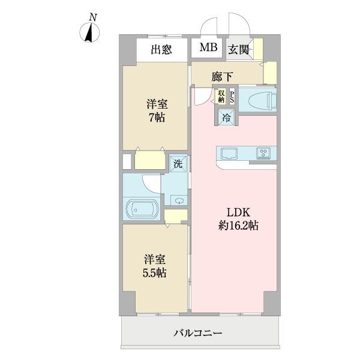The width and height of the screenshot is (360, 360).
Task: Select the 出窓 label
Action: [161, 50]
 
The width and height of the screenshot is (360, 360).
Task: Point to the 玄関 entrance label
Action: [238, 50]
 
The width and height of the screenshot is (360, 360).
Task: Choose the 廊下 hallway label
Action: [223, 77]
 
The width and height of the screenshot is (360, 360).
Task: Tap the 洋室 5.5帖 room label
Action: [154, 266]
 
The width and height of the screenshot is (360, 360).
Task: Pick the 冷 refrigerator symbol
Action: [227, 117]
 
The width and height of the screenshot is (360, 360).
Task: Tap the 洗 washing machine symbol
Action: [178, 163]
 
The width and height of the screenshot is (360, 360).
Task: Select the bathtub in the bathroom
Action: [141, 210]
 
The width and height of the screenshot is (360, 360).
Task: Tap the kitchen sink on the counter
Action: [230, 152]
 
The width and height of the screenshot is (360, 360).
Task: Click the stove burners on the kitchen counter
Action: [263, 152]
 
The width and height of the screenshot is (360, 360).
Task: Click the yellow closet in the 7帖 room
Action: [149, 161]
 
